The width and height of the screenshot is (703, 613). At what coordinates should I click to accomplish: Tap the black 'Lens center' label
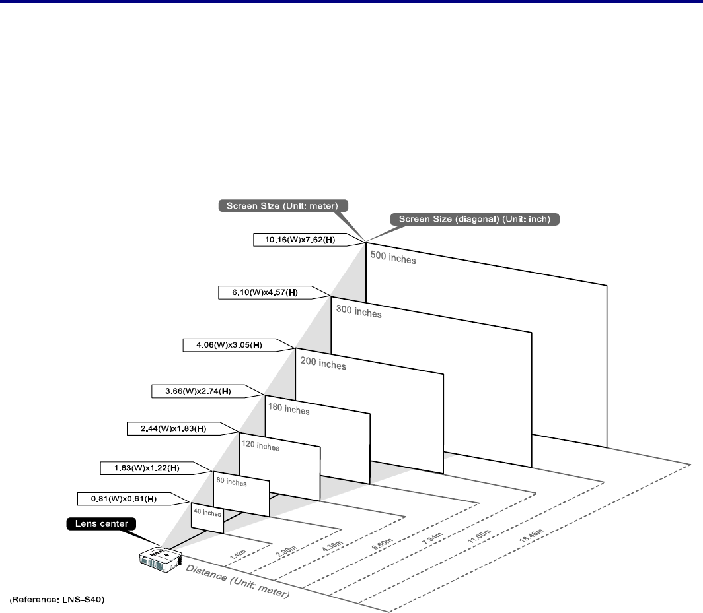click(x=101, y=524)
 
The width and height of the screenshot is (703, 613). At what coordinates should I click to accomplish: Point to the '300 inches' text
click(x=359, y=311)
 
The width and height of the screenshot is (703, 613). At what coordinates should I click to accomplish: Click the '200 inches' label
click(x=323, y=363)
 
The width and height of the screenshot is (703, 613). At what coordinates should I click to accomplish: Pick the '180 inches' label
click(x=289, y=410)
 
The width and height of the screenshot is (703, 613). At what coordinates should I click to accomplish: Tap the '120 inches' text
click(x=260, y=447)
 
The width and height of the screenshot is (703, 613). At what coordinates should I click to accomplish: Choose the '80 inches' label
click(x=231, y=482)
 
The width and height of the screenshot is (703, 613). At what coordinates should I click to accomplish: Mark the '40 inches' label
click(x=207, y=512)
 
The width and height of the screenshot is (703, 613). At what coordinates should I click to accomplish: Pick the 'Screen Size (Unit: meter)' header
click(x=282, y=205)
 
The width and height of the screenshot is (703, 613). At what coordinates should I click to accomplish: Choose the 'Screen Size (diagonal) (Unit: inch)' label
click(x=475, y=219)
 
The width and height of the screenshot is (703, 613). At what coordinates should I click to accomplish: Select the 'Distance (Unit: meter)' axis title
click(x=237, y=581)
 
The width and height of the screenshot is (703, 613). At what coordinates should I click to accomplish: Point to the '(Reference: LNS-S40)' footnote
click(x=57, y=600)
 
